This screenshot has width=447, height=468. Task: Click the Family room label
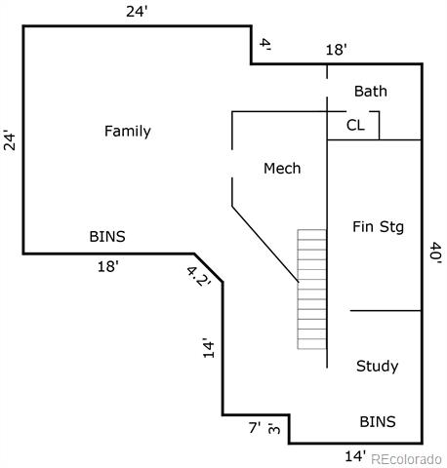point(128,132)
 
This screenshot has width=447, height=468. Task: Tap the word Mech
point(282,169)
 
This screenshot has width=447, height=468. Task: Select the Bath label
point(371,91)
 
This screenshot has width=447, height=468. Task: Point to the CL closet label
point(355,125)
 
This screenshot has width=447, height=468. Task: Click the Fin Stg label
point(378,227)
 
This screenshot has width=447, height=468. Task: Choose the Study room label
point(377,367)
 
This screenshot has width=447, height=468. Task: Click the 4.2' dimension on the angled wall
point(198,276)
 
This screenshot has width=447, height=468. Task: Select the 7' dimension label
point(255,428)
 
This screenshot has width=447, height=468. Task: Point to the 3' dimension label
point(274,428)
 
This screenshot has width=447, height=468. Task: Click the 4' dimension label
point(265,45)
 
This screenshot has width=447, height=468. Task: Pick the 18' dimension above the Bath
point(337,50)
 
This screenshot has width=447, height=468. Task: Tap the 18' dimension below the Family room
point(108,267)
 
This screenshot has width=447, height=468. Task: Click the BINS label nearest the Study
point(378,422)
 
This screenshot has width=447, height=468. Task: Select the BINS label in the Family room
point(107,237)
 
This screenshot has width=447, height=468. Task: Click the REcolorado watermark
point(406,459)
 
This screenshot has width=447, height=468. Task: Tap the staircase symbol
point(311,290)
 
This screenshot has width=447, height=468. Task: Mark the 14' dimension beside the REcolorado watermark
point(355,456)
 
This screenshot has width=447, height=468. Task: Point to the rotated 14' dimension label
point(209,348)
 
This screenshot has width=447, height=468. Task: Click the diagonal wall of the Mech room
point(265,244)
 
